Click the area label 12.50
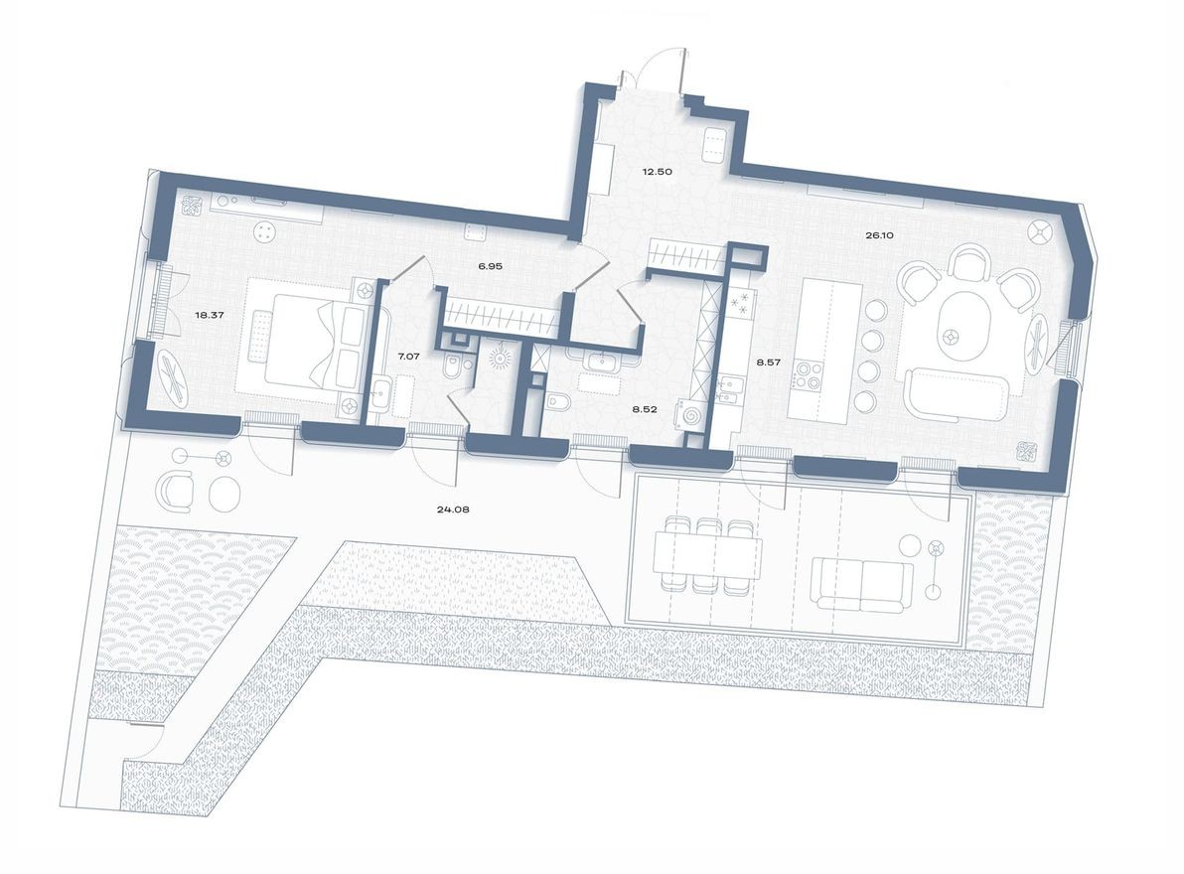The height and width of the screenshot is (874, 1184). click(x=657, y=172)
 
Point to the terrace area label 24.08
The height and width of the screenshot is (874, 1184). click(x=452, y=510)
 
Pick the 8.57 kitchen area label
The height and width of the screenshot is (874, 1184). click(x=768, y=364)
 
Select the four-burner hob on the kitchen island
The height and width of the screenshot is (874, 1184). click(x=807, y=378)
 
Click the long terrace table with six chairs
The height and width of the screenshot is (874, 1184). click(x=706, y=554)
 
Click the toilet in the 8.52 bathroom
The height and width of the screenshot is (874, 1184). click(x=557, y=403)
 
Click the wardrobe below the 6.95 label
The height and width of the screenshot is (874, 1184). click(x=501, y=316)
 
